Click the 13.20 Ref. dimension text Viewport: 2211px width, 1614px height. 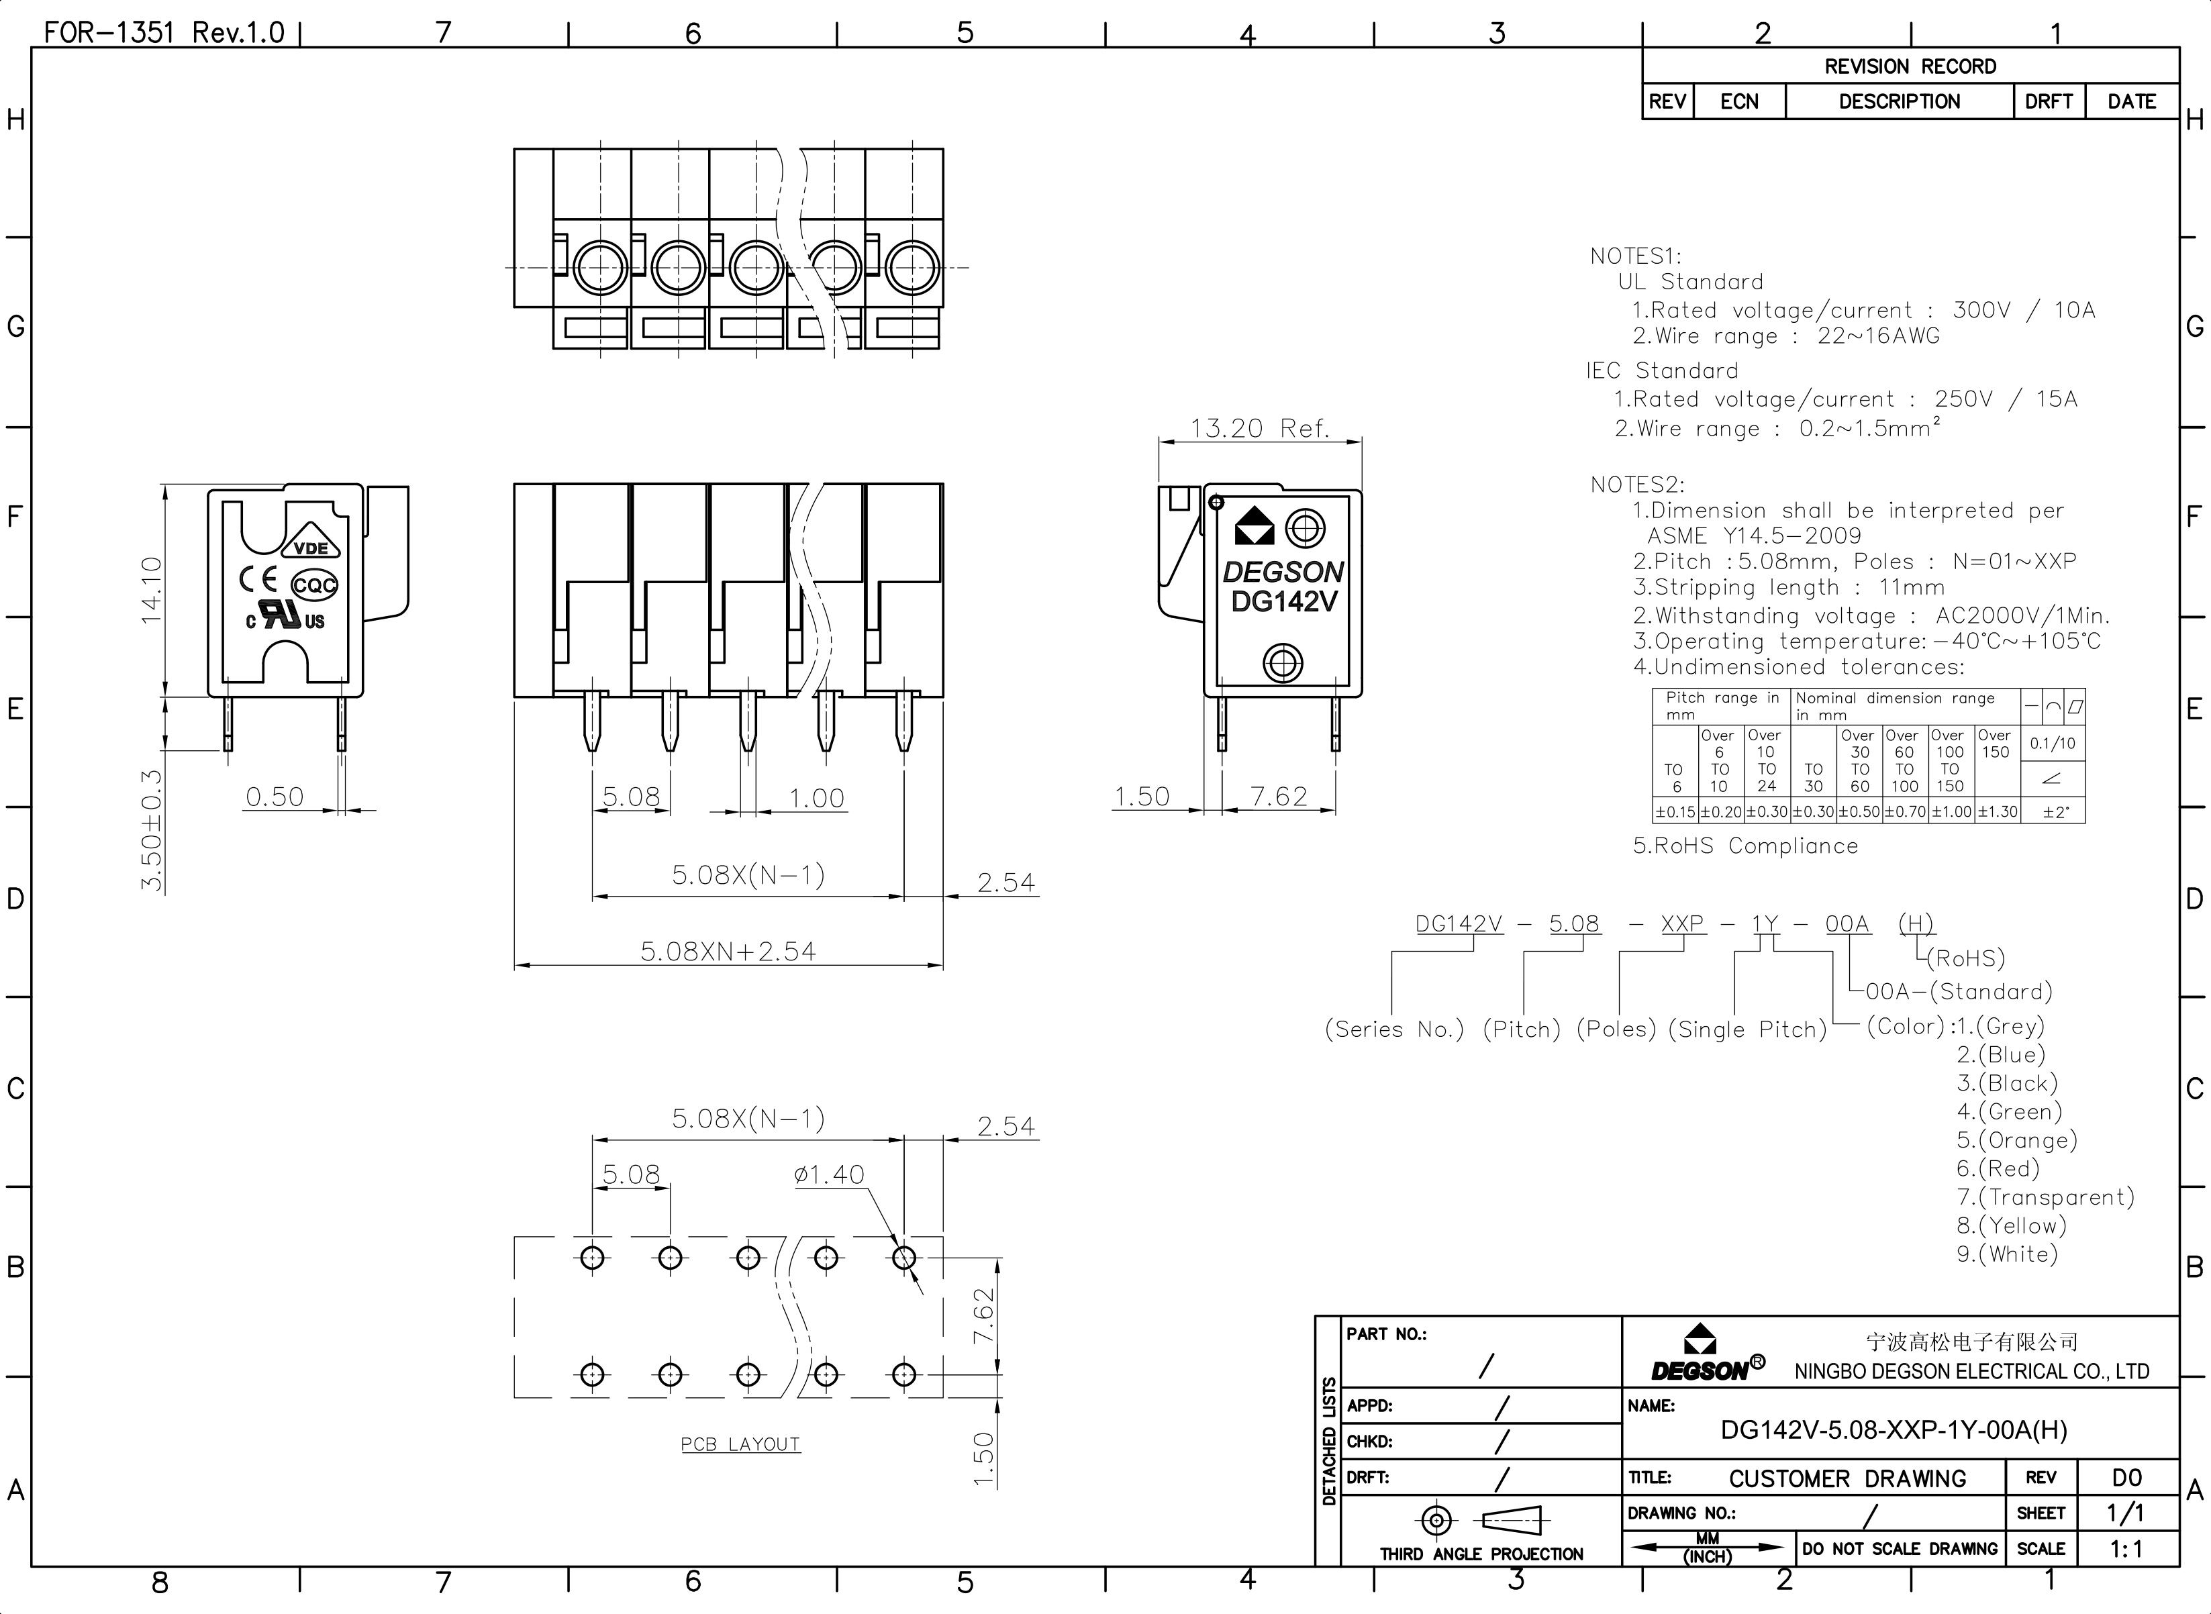tap(1259, 428)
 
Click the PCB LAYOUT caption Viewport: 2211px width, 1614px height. tap(740, 1444)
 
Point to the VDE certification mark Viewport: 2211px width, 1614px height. tap(311, 545)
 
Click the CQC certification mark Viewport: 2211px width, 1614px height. tap(315, 585)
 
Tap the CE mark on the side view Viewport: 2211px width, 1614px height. tap(258, 578)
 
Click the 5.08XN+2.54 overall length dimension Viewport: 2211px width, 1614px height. tap(728, 951)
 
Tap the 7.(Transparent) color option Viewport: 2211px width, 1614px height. tap(2046, 1197)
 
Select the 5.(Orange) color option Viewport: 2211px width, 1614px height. tap(2016, 1140)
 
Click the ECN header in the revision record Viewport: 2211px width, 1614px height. tap(1739, 101)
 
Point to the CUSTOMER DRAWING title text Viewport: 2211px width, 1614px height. tap(1848, 1478)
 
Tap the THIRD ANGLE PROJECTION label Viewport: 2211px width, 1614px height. tap(1481, 1554)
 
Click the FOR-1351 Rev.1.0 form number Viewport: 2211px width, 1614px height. tap(164, 32)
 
